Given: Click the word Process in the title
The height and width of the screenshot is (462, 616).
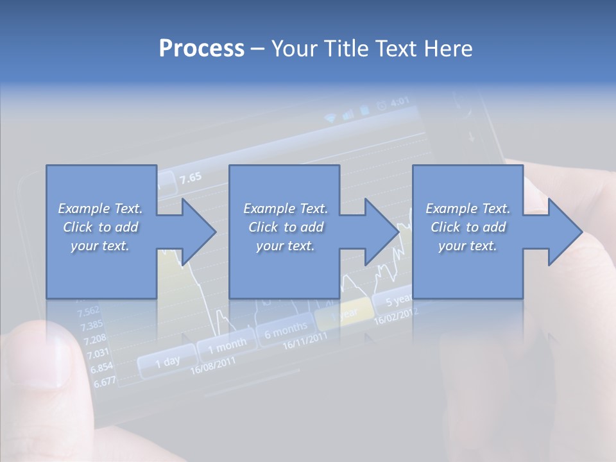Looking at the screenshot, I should [201, 49].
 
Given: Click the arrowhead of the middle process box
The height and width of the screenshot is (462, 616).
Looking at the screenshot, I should [379, 232].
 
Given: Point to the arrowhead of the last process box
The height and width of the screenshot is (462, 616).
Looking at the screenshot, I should [562, 232].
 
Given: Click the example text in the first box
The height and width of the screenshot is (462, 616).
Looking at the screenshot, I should [100, 227].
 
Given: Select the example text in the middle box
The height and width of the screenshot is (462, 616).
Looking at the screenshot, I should [286, 227].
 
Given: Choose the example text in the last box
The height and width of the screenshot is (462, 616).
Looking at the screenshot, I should [468, 227].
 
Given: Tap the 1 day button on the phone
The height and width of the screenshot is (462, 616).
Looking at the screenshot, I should [167, 362].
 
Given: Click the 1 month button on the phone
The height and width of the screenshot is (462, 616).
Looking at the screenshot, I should [227, 346].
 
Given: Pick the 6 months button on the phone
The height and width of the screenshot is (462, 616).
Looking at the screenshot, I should [286, 330].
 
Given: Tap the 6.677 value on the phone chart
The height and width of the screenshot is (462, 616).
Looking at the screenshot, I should [105, 382].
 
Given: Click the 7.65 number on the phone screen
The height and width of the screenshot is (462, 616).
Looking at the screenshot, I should [191, 178].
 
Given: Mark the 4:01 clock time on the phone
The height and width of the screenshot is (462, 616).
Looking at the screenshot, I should [400, 101].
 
